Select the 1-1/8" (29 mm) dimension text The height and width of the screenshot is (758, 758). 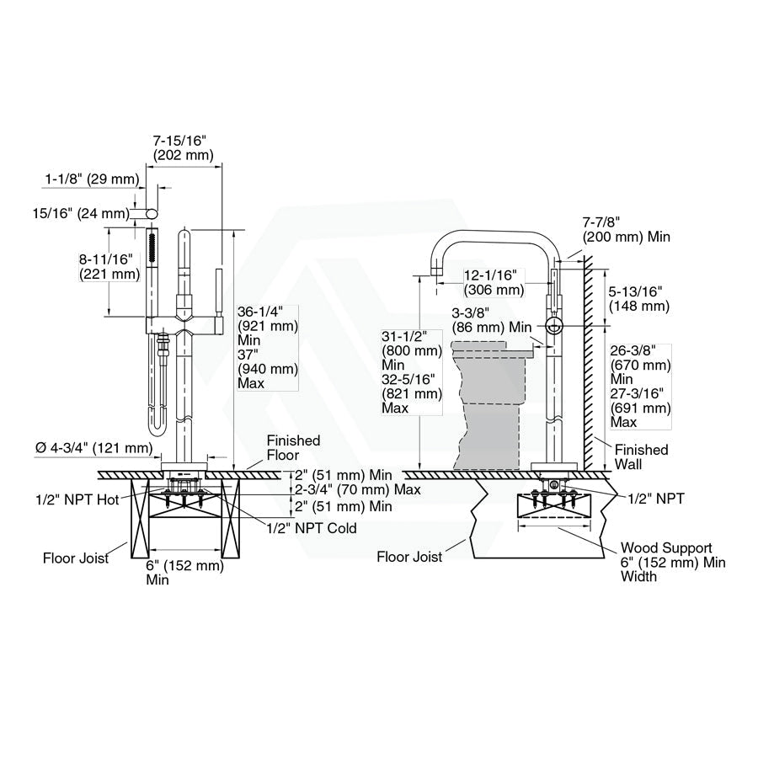pos(91,179)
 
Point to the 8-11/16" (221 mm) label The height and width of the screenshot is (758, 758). pos(109,266)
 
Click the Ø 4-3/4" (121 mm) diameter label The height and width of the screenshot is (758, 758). pos(94,448)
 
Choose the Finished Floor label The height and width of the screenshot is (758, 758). pos(293,448)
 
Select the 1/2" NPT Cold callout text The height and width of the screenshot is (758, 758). pos(311,528)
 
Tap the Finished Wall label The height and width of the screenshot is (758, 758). pos(641,456)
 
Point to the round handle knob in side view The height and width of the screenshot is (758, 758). pos(553,327)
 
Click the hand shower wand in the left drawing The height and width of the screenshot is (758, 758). pos(152,270)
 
